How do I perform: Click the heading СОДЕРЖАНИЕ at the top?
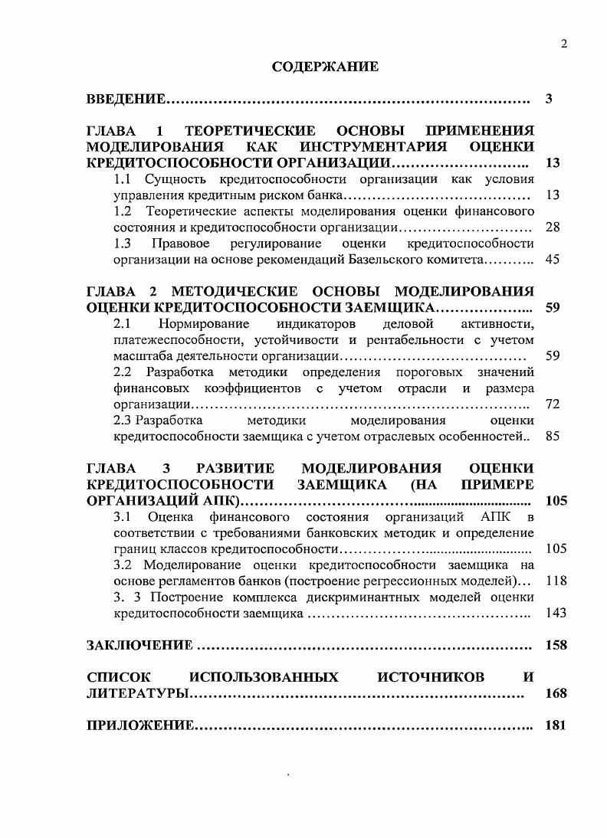325,67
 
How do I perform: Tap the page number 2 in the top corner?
563,44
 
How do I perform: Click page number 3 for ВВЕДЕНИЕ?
549,99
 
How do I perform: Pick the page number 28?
552,228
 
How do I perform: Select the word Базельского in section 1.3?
381,260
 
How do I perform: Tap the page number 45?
552,260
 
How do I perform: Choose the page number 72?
552,404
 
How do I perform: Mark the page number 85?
552,436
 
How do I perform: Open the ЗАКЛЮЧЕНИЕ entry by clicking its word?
139,645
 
